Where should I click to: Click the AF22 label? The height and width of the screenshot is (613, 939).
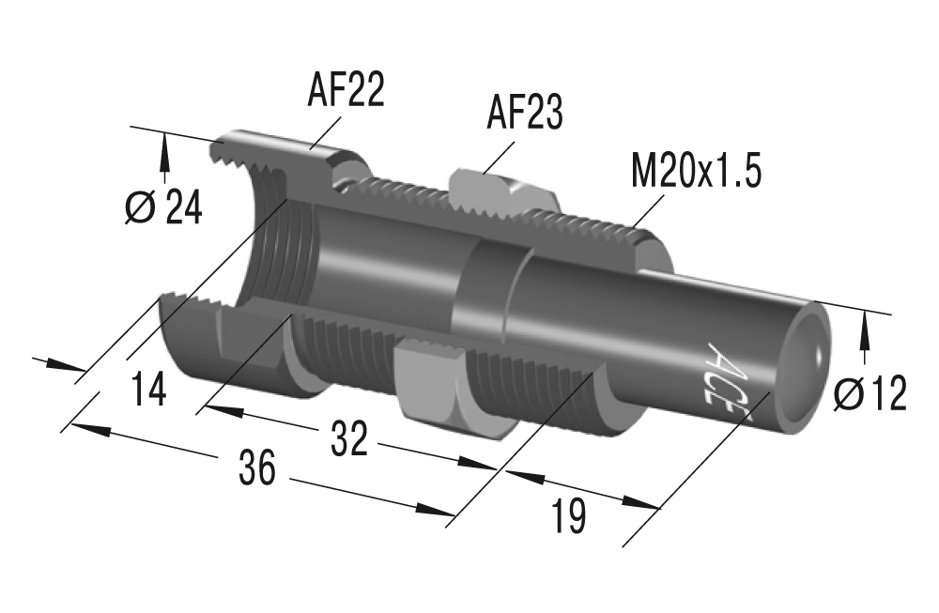[x=346, y=92]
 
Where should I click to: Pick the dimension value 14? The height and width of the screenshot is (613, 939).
[x=147, y=389]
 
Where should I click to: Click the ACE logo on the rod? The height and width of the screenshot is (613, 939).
[x=721, y=373]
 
